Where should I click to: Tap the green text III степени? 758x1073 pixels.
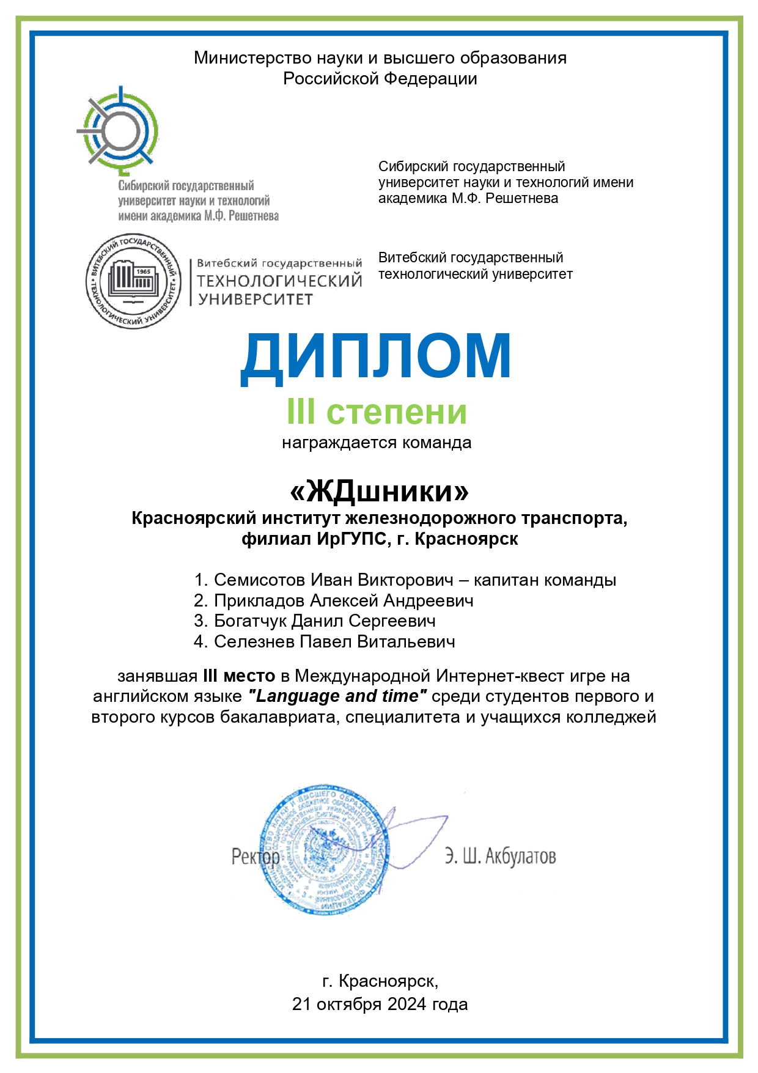377,412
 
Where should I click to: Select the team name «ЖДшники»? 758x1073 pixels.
379,490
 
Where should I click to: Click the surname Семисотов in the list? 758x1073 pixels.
259,580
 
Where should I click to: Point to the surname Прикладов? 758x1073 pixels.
259,600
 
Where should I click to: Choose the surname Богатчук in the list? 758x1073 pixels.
251,621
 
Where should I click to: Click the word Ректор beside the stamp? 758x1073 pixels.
255,857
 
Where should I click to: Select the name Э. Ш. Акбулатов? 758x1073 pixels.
500,856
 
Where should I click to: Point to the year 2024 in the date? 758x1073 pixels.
407,1005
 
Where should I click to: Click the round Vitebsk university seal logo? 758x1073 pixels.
133,281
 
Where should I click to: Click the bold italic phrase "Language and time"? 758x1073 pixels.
337,696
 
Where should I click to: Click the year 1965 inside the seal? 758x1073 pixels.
143,271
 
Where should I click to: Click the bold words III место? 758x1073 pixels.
239,676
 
